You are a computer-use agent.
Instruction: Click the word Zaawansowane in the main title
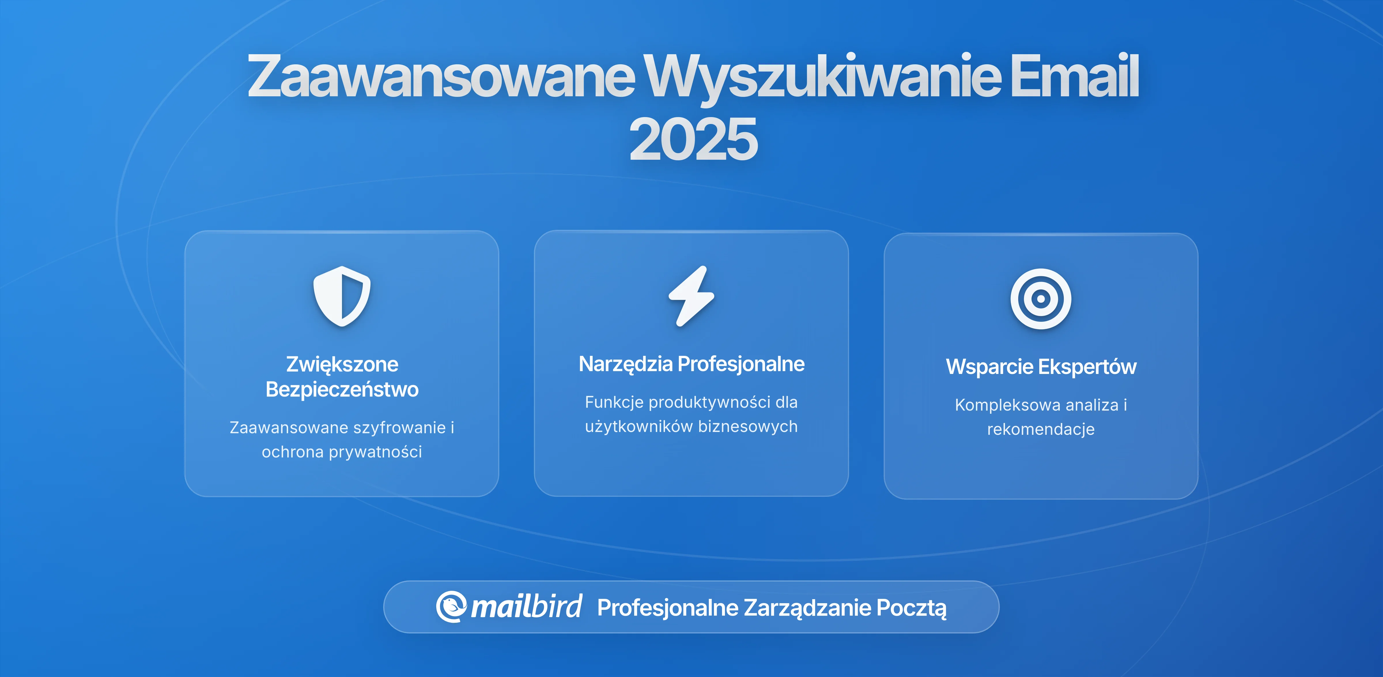(x=440, y=76)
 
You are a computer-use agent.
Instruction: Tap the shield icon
(x=342, y=296)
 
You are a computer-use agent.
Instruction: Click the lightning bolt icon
(x=691, y=296)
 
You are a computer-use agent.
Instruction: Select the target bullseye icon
(x=1040, y=299)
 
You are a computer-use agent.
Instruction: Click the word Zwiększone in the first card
(x=342, y=364)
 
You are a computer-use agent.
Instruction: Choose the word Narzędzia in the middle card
(x=626, y=364)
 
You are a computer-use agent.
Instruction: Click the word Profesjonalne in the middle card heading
(x=741, y=364)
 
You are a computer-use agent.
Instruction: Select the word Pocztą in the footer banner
(x=911, y=608)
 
